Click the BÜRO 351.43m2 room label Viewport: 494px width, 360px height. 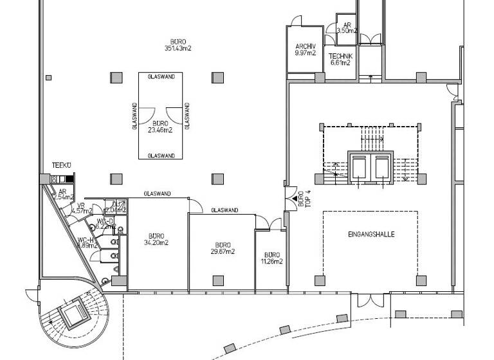[x=179, y=44]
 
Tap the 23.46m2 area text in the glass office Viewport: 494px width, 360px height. [x=160, y=130]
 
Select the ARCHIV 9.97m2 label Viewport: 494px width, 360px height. [x=305, y=50]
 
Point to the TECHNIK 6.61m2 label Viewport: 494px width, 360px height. [x=340, y=59]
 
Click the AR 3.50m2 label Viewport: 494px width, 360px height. [x=347, y=27]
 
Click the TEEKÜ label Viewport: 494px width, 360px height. [x=61, y=166]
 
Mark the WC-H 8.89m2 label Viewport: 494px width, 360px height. [x=86, y=242]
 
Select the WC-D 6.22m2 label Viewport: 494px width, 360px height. [x=105, y=224]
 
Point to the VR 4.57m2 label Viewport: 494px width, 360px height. [x=81, y=208]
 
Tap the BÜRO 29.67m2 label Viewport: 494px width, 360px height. [x=223, y=248]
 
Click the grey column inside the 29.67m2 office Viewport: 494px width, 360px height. [x=219, y=280]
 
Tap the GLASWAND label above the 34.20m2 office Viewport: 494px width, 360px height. [x=158, y=194]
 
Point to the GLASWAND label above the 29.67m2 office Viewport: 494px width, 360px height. [x=224, y=210]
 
